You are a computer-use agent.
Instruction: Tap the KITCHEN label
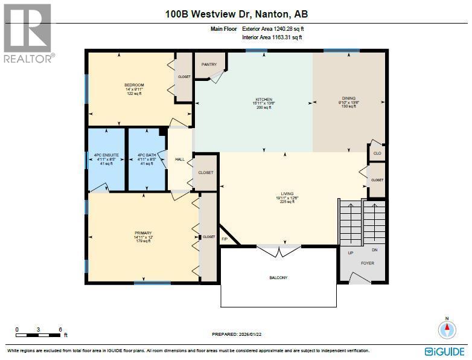click(263, 99)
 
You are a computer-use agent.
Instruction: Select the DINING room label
click(348, 98)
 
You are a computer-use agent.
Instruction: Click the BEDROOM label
click(134, 85)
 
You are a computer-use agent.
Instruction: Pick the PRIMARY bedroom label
click(143, 233)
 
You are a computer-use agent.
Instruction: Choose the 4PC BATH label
click(147, 155)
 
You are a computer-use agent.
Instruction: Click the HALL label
click(179, 159)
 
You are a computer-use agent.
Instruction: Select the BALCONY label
click(278, 278)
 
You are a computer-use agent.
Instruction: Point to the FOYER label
click(368, 263)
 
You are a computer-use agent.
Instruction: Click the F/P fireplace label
click(225, 239)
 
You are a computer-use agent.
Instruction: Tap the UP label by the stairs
click(351, 252)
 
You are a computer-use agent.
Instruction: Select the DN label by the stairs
click(375, 249)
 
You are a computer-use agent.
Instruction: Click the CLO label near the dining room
click(377, 153)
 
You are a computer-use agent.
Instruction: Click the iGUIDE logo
click(445, 351)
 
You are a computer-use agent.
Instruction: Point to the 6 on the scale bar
click(60, 329)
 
